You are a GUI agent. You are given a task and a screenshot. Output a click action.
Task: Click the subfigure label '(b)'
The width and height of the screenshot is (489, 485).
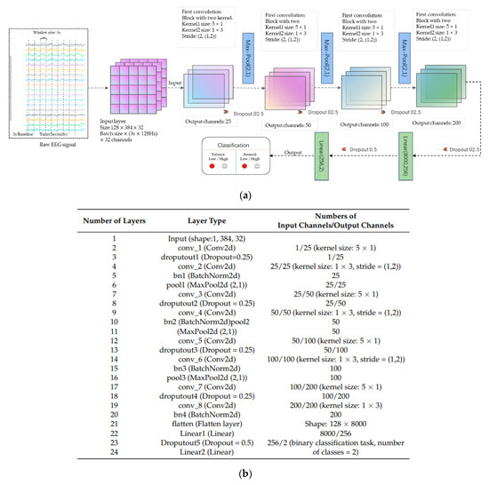pos(244,475)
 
